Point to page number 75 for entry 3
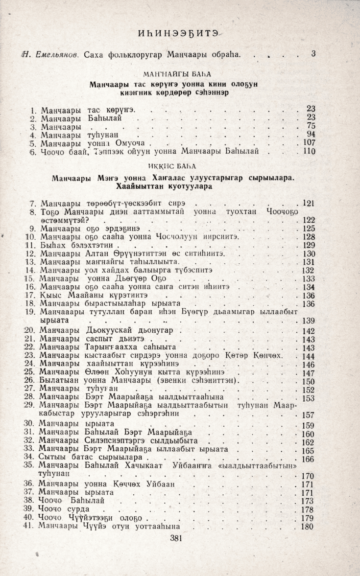311,126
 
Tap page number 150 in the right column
309,382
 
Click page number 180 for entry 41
308,527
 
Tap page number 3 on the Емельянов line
313,53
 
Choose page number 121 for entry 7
308,203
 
